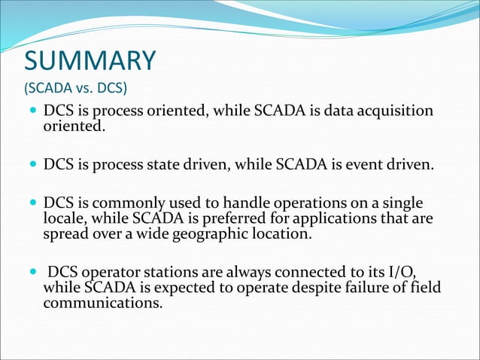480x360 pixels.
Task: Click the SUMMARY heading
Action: (x=90, y=60)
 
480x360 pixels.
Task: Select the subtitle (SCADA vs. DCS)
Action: (x=76, y=87)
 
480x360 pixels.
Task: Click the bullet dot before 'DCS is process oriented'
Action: (x=30, y=111)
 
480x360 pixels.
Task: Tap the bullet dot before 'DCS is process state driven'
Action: (x=30, y=164)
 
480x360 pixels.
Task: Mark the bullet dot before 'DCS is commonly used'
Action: (x=30, y=204)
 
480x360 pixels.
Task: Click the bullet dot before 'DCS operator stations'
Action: (x=30, y=273)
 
